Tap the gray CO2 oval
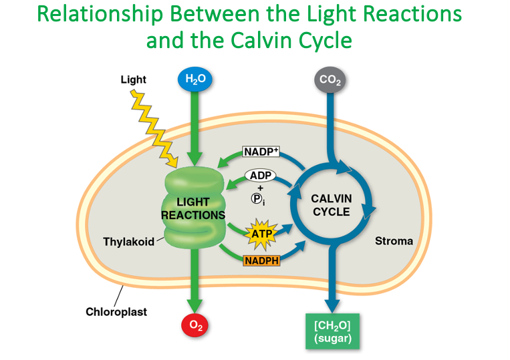330,80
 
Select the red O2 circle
196,325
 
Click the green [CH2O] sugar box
332,330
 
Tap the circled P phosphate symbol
257,198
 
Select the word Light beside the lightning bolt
133,79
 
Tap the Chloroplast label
116,311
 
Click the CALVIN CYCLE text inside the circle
332,205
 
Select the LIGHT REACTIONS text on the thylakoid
193,208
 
